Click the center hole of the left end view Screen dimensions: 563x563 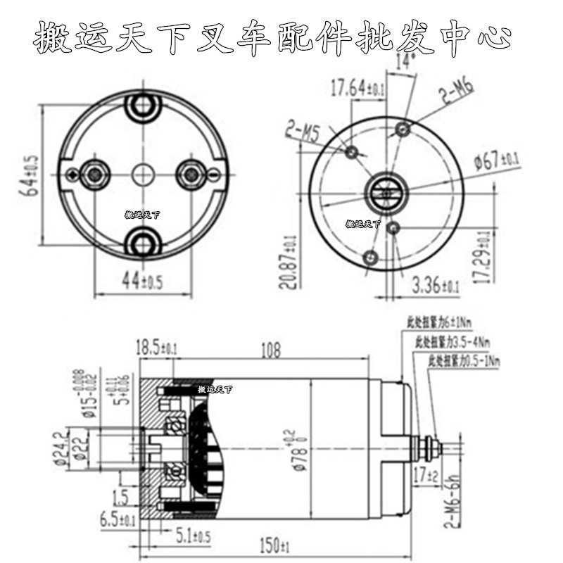point(142,173)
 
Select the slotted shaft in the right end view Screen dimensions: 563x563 point(386,191)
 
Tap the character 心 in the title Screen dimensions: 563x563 point(498,35)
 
